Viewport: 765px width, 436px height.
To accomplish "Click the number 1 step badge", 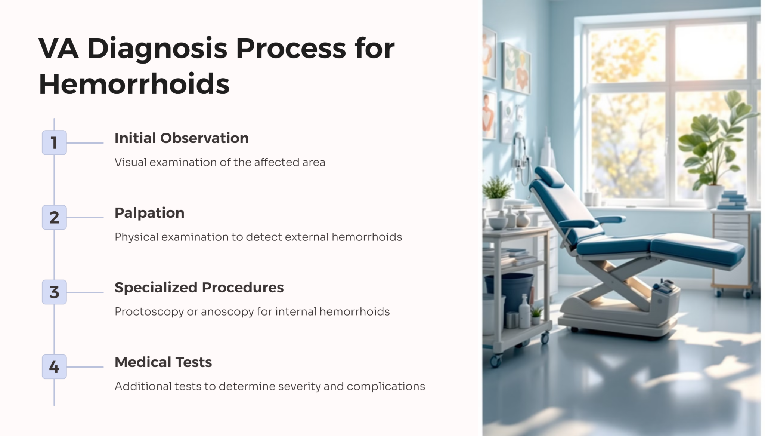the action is [x=54, y=142].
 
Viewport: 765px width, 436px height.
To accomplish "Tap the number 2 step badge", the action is [x=54, y=217].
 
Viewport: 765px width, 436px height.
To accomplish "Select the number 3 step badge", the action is [x=54, y=292].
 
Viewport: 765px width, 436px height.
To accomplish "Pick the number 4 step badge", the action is [x=54, y=367].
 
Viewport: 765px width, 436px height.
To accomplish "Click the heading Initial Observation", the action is [x=182, y=138].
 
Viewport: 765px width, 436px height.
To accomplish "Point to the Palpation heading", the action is [x=149, y=213].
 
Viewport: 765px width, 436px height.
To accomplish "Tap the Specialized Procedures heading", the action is [x=199, y=288].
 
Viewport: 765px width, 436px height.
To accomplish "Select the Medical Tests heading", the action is [x=163, y=362].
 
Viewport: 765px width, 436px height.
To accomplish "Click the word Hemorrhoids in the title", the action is [x=134, y=84].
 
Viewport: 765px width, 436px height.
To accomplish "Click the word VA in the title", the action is [x=59, y=49].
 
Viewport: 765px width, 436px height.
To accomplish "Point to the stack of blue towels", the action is [x=732, y=200].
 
